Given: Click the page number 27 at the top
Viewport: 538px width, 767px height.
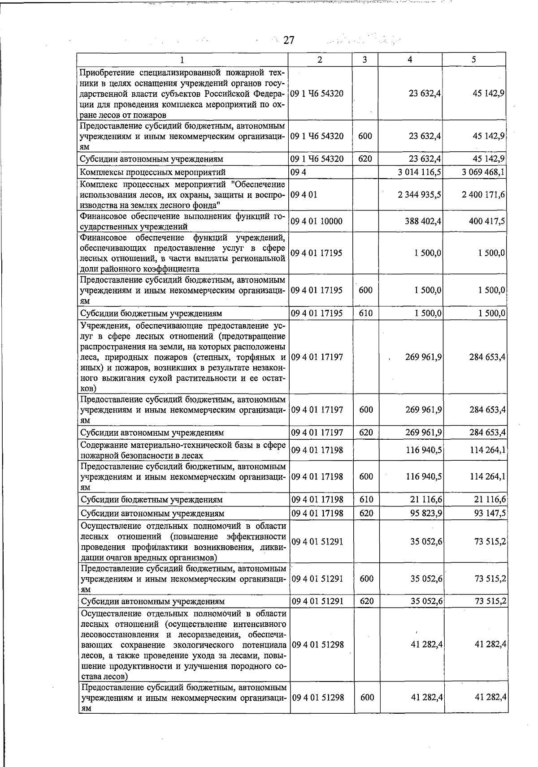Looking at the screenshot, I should (288, 41).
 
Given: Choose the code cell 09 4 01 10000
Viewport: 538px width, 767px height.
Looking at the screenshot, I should (317, 221).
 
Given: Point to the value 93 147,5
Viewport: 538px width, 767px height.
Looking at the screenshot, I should (490, 513).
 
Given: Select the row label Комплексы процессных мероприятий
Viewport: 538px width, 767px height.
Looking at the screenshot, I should (152, 172).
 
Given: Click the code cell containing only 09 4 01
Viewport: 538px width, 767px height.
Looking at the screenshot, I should (304, 195).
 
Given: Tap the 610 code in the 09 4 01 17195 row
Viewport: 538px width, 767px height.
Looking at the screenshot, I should (365, 313).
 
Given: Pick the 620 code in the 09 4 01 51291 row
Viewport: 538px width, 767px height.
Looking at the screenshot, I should (366, 601).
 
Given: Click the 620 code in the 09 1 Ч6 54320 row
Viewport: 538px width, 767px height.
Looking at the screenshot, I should (365, 159).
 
